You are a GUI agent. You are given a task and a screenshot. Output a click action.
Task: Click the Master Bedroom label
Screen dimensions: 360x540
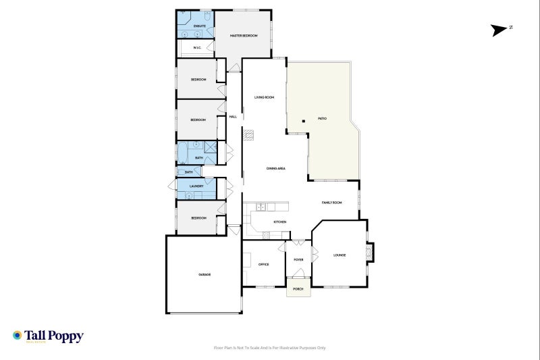(x=244, y=35)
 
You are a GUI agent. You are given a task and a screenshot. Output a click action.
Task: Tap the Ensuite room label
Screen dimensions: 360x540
(x=199, y=26)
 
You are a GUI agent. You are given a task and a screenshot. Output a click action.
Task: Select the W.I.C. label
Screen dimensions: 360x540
(x=197, y=48)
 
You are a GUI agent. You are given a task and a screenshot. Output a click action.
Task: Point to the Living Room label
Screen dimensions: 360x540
(x=264, y=97)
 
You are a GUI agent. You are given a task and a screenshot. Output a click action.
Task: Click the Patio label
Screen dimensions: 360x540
(x=323, y=119)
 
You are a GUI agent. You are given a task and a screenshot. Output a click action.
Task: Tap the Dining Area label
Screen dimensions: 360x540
(x=275, y=168)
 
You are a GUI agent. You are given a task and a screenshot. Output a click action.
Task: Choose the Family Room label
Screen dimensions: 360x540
(x=331, y=203)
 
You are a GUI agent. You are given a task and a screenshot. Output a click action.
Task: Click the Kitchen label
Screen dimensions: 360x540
(x=279, y=222)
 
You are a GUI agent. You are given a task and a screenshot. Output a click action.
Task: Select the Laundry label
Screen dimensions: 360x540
(x=196, y=186)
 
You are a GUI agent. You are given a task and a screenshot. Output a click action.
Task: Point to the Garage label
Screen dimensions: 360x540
(x=204, y=275)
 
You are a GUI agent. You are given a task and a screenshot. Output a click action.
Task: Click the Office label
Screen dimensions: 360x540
(x=263, y=264)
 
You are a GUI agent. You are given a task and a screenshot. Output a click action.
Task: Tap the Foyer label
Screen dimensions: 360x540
(x=298, y=259)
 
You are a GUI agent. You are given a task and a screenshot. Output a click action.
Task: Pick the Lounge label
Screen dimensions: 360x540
(x=340, y=255)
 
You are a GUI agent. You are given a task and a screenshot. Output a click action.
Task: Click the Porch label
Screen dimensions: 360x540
(x=298, y=288)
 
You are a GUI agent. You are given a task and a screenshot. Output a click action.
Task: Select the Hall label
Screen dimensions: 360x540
(x=233, y=117)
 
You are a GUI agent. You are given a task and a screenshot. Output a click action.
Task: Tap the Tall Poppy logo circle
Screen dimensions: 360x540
(x=18, y=335)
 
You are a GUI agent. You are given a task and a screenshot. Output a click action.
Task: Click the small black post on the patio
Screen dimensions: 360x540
(x=304, y=121)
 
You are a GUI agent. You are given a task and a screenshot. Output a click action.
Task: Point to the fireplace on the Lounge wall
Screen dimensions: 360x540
(x=369, y=253)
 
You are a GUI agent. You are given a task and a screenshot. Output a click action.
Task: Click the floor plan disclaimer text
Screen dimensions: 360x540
(x=269, y=348)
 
